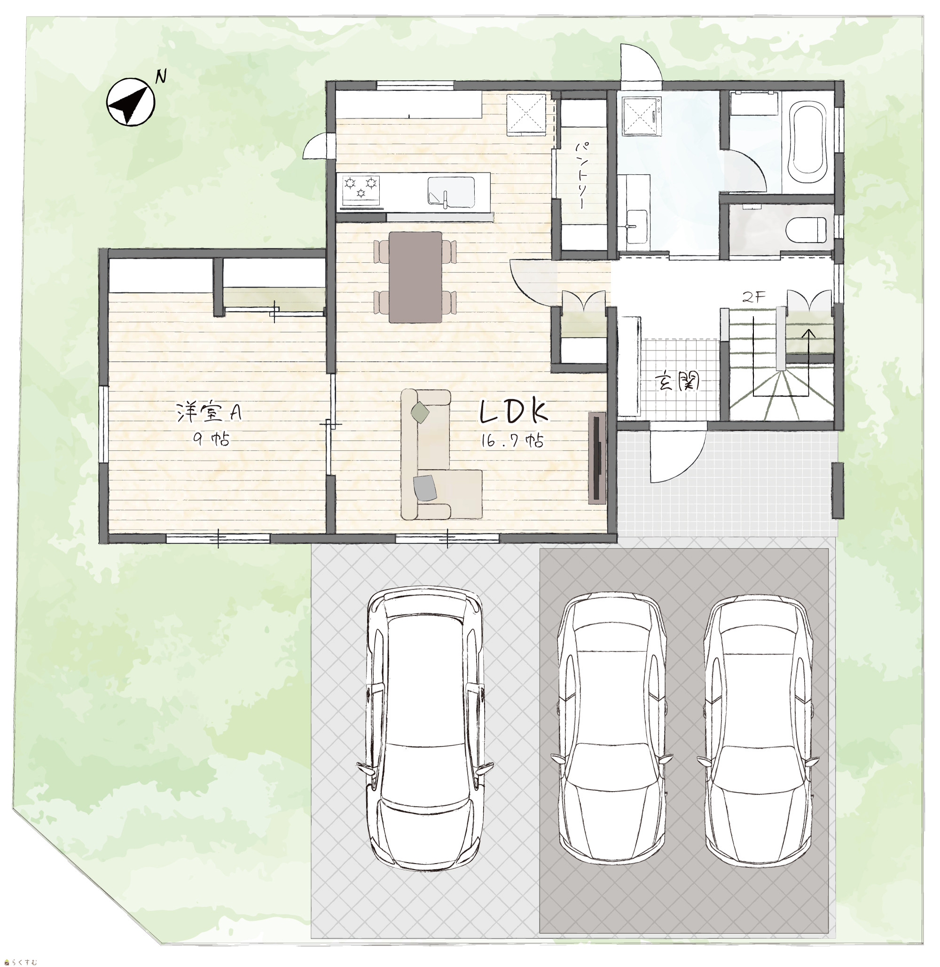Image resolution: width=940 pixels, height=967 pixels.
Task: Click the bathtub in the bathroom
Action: (x=807, y=140)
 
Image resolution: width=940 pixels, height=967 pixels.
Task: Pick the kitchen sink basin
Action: (x=451, y=193)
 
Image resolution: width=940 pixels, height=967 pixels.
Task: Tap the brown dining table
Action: (x=415, y=277)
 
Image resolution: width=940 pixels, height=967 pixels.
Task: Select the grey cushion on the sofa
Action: (x=425, y=488)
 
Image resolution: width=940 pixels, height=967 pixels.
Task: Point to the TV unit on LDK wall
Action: (x=597, y=457)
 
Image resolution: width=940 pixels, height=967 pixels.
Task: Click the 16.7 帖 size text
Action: (x=513, y=441)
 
